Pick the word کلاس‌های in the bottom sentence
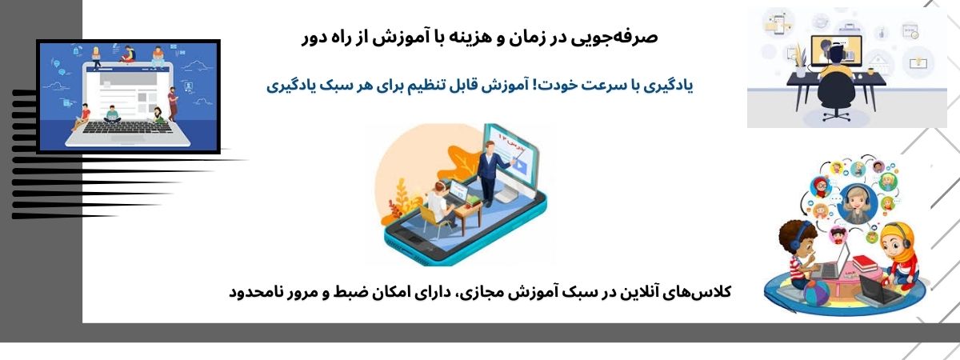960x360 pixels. (x=698, y=292)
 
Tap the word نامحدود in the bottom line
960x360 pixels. (x=256, y=293)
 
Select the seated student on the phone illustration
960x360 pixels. (x=439, y=206)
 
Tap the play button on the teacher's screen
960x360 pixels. (x=520, y=166)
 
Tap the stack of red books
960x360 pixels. (x=865, y=262)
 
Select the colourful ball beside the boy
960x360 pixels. (x=817, y=292)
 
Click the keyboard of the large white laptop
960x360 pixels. (x=128, y=127)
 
